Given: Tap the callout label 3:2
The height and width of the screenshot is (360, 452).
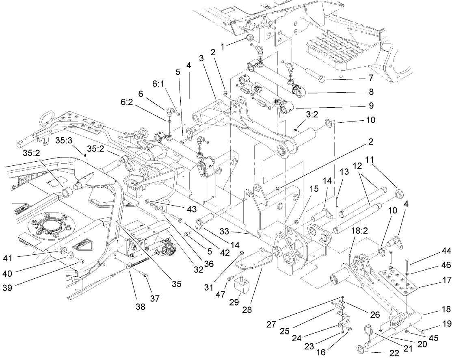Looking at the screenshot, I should click(x=311, y=115).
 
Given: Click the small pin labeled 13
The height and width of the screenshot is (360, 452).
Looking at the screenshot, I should click(x=337, y=202).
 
